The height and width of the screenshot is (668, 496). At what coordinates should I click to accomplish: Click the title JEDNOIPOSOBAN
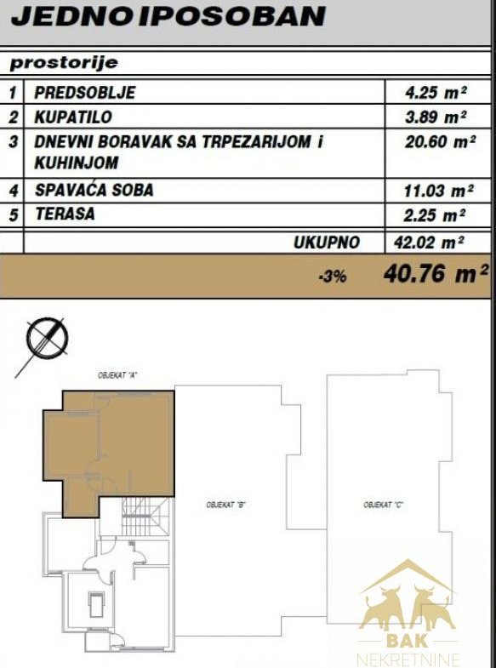coord(168,17)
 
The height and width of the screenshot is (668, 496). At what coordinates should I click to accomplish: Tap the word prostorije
coord(64,63)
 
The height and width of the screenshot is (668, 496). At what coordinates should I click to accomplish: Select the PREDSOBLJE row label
coord(85,93)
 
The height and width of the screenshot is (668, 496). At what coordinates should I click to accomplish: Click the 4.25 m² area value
coord(436,93)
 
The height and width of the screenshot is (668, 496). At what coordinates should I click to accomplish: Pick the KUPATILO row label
coord(73,117)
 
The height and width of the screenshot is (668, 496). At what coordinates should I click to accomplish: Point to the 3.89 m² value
coord(436,117)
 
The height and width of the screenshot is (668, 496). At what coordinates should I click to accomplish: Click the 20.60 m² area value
coord(440,141)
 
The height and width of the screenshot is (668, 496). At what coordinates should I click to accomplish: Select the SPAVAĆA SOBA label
coord(94,190)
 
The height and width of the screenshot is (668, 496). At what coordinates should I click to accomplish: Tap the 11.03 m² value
coord(438,191)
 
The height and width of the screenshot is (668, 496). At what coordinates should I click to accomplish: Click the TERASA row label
coord(65,214)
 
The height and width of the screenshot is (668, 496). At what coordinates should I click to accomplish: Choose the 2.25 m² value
coord(434,215)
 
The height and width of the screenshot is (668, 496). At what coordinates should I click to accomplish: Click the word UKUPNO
coord(327,243)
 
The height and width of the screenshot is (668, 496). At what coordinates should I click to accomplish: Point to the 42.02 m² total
coord(429,243)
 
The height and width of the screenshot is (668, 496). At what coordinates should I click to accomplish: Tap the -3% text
coord(333,277)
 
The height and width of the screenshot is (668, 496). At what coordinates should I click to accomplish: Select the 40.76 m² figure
coord(436,273)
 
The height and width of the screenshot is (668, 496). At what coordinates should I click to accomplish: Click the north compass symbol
coord(47,339)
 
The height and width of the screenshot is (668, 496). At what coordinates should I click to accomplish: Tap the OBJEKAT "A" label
coord(119,376)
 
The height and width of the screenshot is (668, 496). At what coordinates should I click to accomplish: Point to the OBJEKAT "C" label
coord(383,505)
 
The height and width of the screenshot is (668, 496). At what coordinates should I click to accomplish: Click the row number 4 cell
coord(14,191)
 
